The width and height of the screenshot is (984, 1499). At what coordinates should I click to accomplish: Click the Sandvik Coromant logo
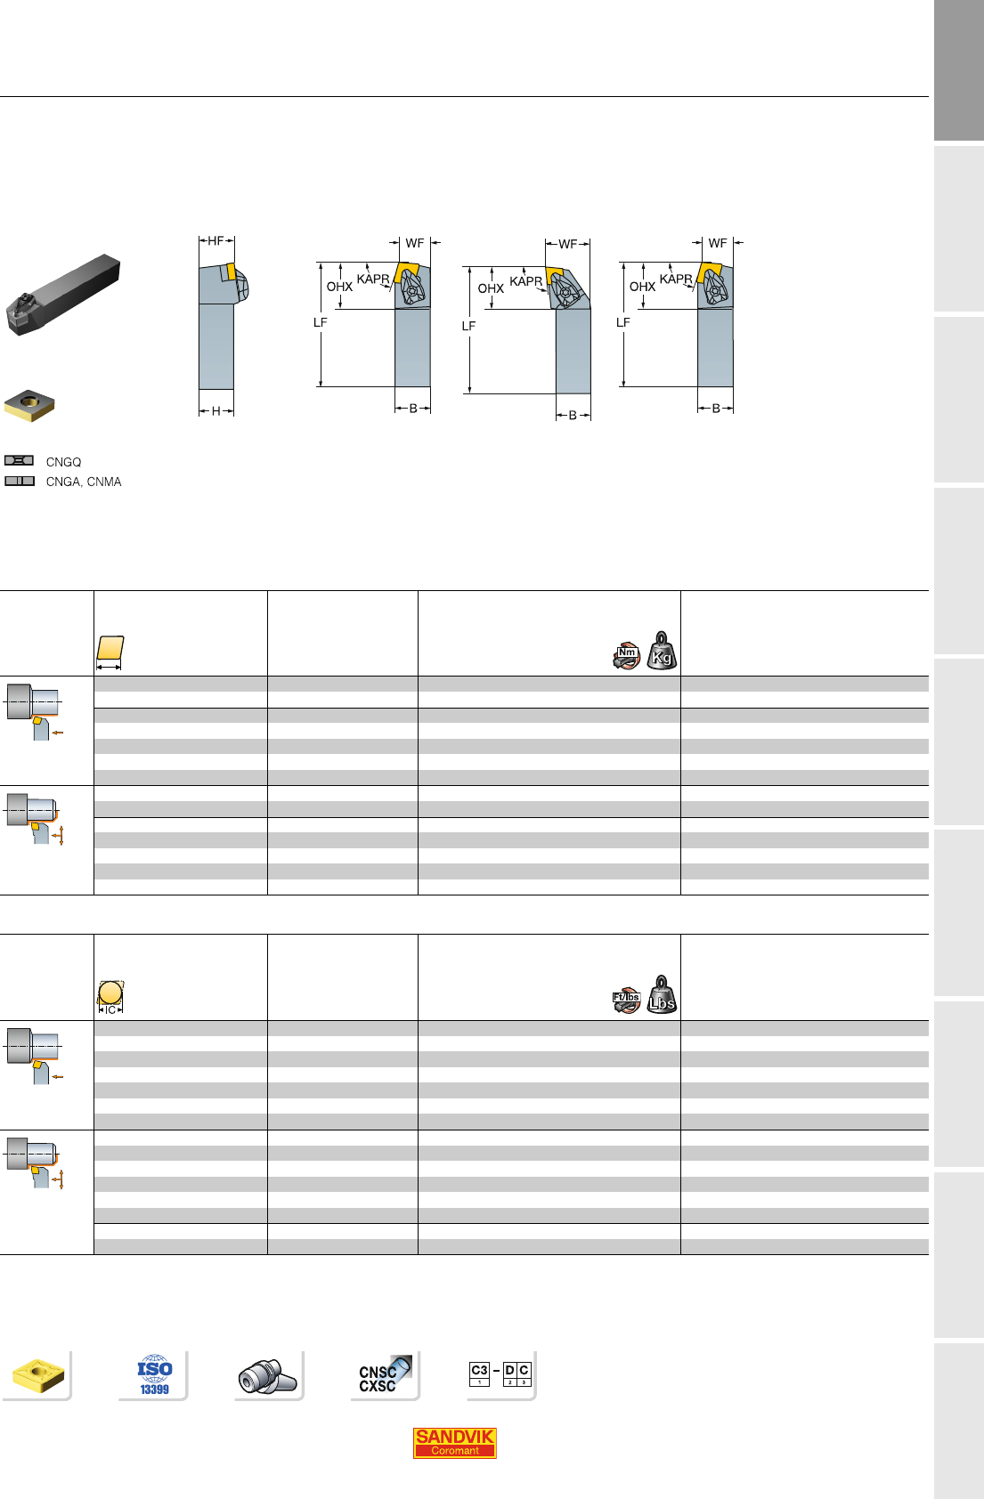click(454, 1443)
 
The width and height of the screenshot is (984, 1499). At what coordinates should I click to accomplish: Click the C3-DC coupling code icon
click(500, 1373)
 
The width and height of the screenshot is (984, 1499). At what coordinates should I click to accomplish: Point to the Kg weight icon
click(662, 651)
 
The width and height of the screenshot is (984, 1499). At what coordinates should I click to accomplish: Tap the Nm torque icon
click(627, 656)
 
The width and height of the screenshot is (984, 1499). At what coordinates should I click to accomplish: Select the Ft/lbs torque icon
click(627, 1000)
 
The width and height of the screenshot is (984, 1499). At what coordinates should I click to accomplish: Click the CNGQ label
click(63, 462)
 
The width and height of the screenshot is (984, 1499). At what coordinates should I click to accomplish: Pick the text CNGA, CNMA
click(84, 482)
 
